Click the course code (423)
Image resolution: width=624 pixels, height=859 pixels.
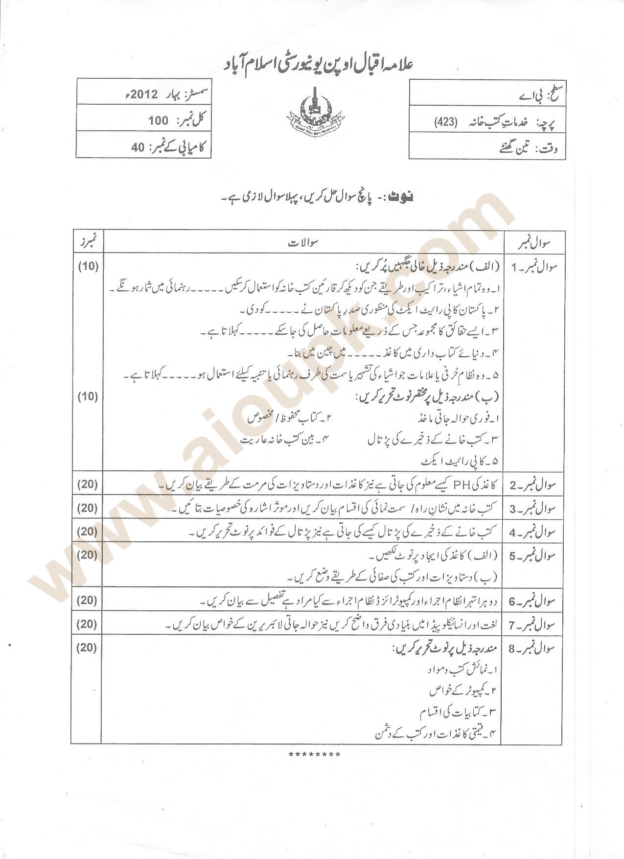click(x=445, y=123)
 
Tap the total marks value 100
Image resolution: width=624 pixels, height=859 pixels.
click(x=158, y=121)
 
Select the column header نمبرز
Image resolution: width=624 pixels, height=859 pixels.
click(x=88, y=241)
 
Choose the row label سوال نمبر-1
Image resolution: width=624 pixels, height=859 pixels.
click(x=534, y=267)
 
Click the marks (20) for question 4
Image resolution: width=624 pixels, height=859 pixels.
click(x=88, y=532)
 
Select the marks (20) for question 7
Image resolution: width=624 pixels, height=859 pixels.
click(x=88, y=624)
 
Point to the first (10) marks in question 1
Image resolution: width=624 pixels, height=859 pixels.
click(x=88, y=266)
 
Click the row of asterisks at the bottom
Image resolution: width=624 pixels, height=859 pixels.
click(x=314, y=755)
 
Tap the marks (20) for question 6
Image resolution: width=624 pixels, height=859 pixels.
click(x=88, y=600)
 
